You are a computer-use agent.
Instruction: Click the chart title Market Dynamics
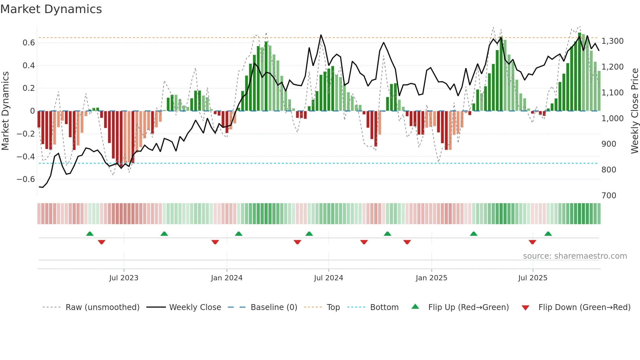point(51,9)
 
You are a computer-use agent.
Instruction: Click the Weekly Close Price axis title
point(634,111)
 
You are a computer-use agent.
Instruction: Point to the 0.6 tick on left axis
point(29,43)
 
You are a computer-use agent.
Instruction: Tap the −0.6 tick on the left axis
point(26,179)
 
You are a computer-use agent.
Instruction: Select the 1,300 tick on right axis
point(612,41)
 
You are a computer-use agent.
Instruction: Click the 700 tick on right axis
point(609,195)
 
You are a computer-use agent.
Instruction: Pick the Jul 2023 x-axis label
point(124,278)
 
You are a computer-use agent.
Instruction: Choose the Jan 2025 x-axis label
point(431,278)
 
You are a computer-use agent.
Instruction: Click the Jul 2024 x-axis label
point(328,278)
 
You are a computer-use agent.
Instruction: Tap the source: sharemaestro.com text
point(575,256)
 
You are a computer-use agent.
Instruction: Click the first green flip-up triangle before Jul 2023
point(90,234)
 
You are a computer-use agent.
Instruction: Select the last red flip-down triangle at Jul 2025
point(532,242)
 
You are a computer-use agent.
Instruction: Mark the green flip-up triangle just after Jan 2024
point(239,234)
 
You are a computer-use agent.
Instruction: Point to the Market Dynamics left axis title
point(5,111)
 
